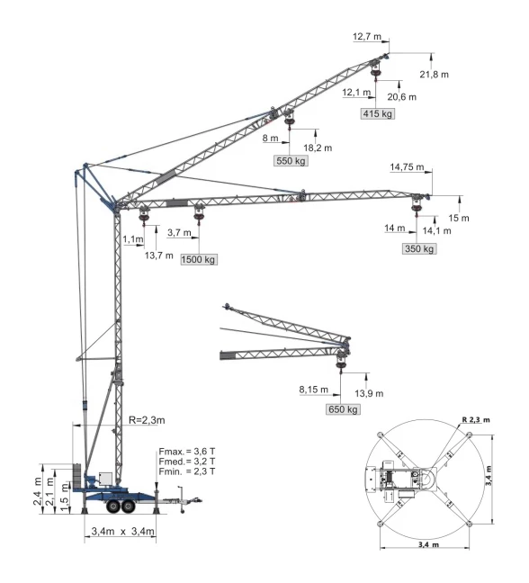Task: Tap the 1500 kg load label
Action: pyautogui.click(x=200, y=259)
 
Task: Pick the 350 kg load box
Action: pyautogui.click(x=419, y=248)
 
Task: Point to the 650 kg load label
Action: pyautogui.click(x=342, y=409)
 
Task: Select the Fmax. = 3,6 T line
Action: pyautogui.click(x=187, y=450)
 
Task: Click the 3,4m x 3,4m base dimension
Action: pyautogui.click(x=122, y=534)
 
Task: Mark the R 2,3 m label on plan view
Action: pyautogui.click(x=479, y=419)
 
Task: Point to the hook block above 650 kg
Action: pyautogui.click(x=341, y=360)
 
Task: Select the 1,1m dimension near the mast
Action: pyautogui.click(x=133, y=239)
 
